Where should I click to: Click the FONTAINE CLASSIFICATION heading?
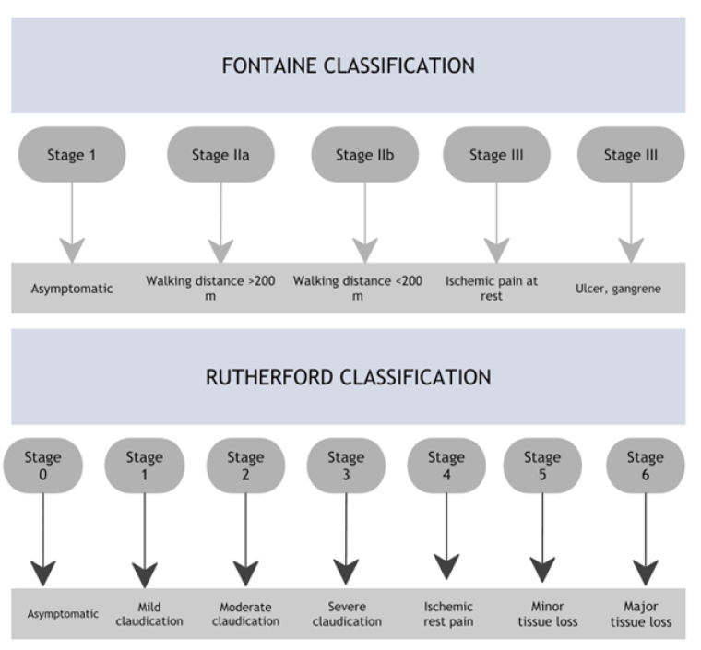tap(349, 66)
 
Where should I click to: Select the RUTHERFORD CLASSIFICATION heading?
tap(349, 377)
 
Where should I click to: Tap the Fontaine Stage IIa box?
tap(220, 155)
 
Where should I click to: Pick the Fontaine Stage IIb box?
tap(364, 155)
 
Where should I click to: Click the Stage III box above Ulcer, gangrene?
tap(631, 155)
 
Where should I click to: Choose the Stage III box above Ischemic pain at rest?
tap(496, 155)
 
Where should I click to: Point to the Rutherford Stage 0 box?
tap(43, 466)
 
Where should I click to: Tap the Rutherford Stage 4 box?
tap(446, 466)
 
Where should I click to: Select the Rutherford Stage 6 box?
tap(645, 466)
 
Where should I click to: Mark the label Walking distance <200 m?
tap(358, 288)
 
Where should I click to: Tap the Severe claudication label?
tap(347, 614)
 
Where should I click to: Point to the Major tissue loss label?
tap(640, 614)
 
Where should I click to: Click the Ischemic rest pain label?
tap(448, 614)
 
